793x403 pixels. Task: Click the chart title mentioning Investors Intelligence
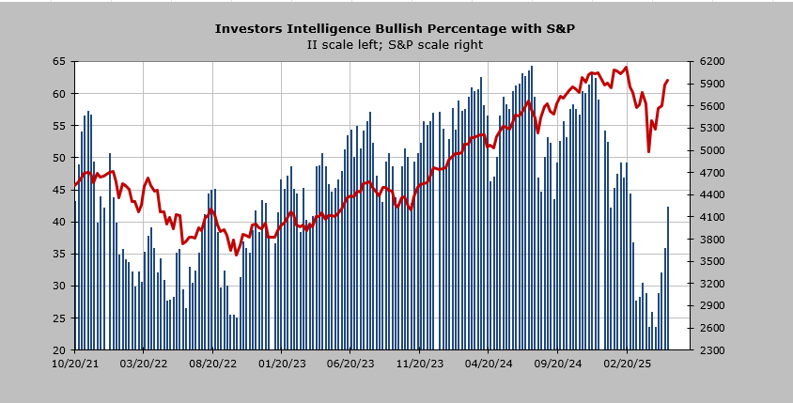click(395, 28)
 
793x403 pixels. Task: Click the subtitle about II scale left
click(395, 44)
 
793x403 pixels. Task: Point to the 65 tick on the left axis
click(59, 61)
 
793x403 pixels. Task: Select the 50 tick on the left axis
click(59, 158)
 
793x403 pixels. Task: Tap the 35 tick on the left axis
click(59, 254)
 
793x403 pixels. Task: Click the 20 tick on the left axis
click(59, 349)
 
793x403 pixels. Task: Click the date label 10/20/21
click(75, 363)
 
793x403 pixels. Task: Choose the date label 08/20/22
click(213, 363)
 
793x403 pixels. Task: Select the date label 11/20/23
click(420, 363)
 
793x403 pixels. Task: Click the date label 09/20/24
click(558, 363)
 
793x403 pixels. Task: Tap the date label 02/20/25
click(627, 363)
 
